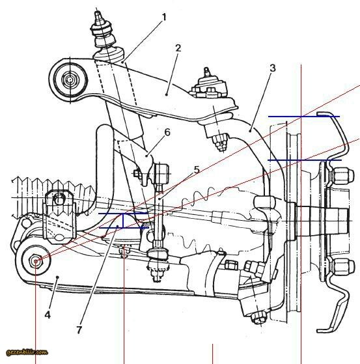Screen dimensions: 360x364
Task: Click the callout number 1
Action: tap(164, 17)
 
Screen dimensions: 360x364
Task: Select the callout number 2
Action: tap(178, 48)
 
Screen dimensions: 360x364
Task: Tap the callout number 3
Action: tap(273, 68)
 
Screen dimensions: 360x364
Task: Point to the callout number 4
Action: tap(48, 315)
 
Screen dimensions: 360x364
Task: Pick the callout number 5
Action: tap(197, 170)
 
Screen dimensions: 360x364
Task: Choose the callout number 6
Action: tap(167, 132)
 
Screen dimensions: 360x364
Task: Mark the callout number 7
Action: tap(79, 330)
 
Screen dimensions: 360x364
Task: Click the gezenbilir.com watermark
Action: tap(27, 352)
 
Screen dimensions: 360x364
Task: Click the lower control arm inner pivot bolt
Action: tap(36, 261)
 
